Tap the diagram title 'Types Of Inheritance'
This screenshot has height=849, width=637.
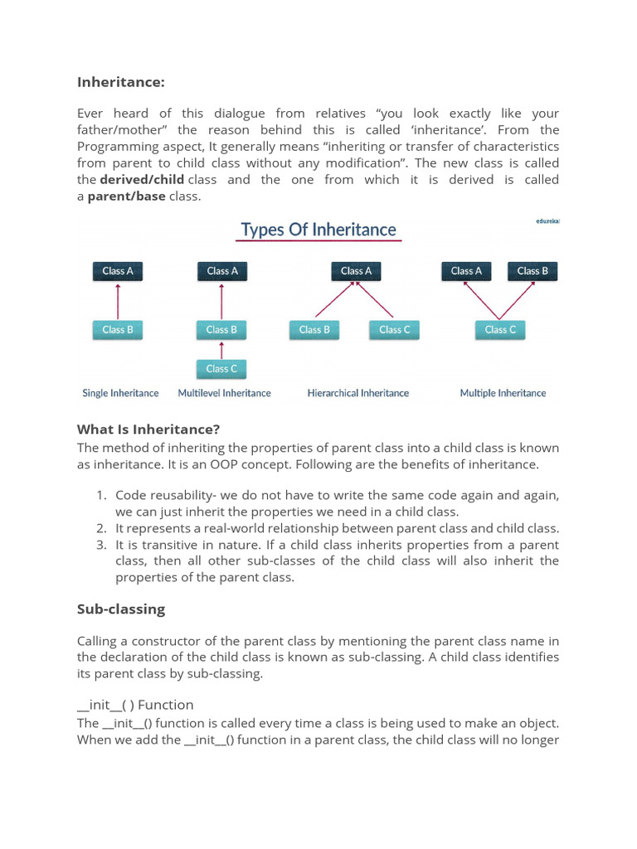tap(318, 230)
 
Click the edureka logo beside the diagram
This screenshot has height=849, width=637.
tap(548, 221)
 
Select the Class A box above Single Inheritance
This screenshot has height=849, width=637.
tap(118, 271)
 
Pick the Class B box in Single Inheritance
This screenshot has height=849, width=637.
tap(118, 330)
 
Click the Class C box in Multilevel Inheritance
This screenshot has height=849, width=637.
tap(221, 369)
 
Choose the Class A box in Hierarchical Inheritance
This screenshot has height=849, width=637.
tap(357, 271)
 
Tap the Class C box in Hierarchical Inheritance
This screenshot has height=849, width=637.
tap(395, 330)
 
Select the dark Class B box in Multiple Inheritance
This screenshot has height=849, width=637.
tap(532, 271)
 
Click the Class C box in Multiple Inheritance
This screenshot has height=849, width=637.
tap(500, 330)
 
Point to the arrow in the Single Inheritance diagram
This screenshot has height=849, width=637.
tap(118, 301)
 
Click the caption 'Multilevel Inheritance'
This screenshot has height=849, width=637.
tap(224, 393)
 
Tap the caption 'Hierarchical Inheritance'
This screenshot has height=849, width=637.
tap(358, 393)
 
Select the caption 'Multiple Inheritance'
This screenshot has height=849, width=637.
tap(503, 393)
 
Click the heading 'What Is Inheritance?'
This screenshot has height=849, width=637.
tap(148, 429)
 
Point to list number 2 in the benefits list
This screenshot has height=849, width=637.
tap(100, 528)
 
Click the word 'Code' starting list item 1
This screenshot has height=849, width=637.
tap(132, 495)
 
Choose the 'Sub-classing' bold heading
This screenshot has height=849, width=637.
tap(121, 609)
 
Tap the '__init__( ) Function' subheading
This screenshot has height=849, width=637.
tap(135, 705)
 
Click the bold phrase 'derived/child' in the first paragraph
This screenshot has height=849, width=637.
tap(142, 180)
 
